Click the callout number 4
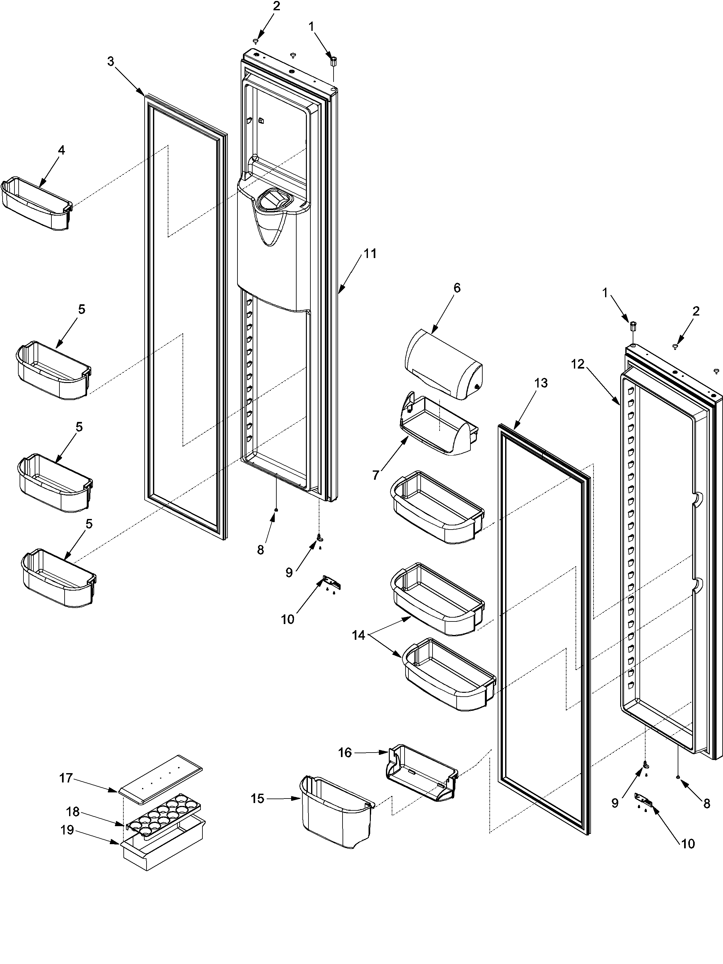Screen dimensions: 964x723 61,150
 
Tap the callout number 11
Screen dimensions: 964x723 370,253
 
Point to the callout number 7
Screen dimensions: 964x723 376,475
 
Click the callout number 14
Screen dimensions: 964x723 358,635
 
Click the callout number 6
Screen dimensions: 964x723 456,288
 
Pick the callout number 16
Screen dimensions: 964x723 345,753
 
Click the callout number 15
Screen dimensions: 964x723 258,799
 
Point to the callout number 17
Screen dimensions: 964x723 66,778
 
